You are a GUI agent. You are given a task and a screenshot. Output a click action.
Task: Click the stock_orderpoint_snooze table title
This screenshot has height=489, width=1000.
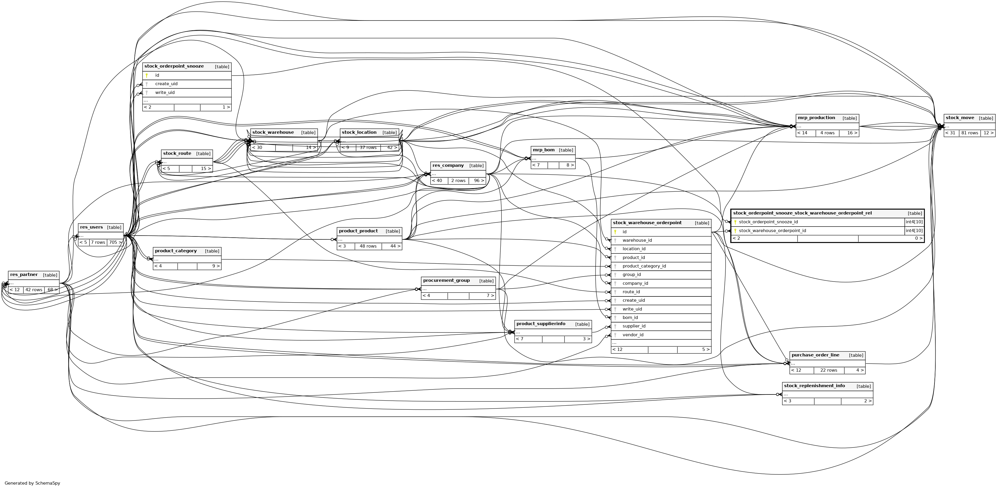pyautogui.click(x=174, y=66)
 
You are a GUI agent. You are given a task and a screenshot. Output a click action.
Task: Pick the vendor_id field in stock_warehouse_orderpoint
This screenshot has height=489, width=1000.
pyautogui.click(x=633, y=335)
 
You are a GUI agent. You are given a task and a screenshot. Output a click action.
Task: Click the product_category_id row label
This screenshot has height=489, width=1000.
pyautogui.click(x=644, y=266)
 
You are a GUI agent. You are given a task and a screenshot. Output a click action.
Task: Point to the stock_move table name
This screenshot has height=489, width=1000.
pyautogui.click(x=960, y=118)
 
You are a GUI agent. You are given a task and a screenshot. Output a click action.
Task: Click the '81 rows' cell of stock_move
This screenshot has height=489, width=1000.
pyautogui.click(x=969, y=133)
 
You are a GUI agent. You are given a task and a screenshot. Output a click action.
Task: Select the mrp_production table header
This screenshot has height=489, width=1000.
pyautogui.click(x=816, y=118)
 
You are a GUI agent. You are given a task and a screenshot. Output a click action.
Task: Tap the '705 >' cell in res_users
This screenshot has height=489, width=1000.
pyautogui.click(x=115, y=242)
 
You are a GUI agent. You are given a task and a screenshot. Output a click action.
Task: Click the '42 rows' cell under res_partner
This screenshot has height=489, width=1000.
pyautogui.click(x=34, y=290)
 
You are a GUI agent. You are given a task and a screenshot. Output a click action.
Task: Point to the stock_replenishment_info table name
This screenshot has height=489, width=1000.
pyautogui.click(x=814, y=386)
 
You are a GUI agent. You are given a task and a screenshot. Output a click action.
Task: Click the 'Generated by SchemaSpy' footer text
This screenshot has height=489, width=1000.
pyautogui.click(x=32, y=483)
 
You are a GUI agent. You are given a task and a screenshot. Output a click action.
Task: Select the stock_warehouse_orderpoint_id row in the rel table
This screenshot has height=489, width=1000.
pyautogui.click(x=772, y=231)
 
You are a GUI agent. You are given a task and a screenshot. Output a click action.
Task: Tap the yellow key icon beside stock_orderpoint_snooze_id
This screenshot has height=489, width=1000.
pyautogui.click(x=735, y=222)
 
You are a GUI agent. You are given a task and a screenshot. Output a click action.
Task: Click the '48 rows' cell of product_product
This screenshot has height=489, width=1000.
pyautogui.click(x=368, y=246)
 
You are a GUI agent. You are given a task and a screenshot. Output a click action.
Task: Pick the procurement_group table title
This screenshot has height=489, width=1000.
pyautogui.click(x=446, y=280)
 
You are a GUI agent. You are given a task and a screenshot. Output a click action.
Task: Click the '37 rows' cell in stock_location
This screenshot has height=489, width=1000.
pyautogui.click(x=368, y=147)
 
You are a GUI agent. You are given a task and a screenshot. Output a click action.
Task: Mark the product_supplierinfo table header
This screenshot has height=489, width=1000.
pyautogui.click(x=541, y=324)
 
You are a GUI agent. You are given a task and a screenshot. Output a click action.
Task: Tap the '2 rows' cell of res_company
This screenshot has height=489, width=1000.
pyautogui.click(x=458, y=181)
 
